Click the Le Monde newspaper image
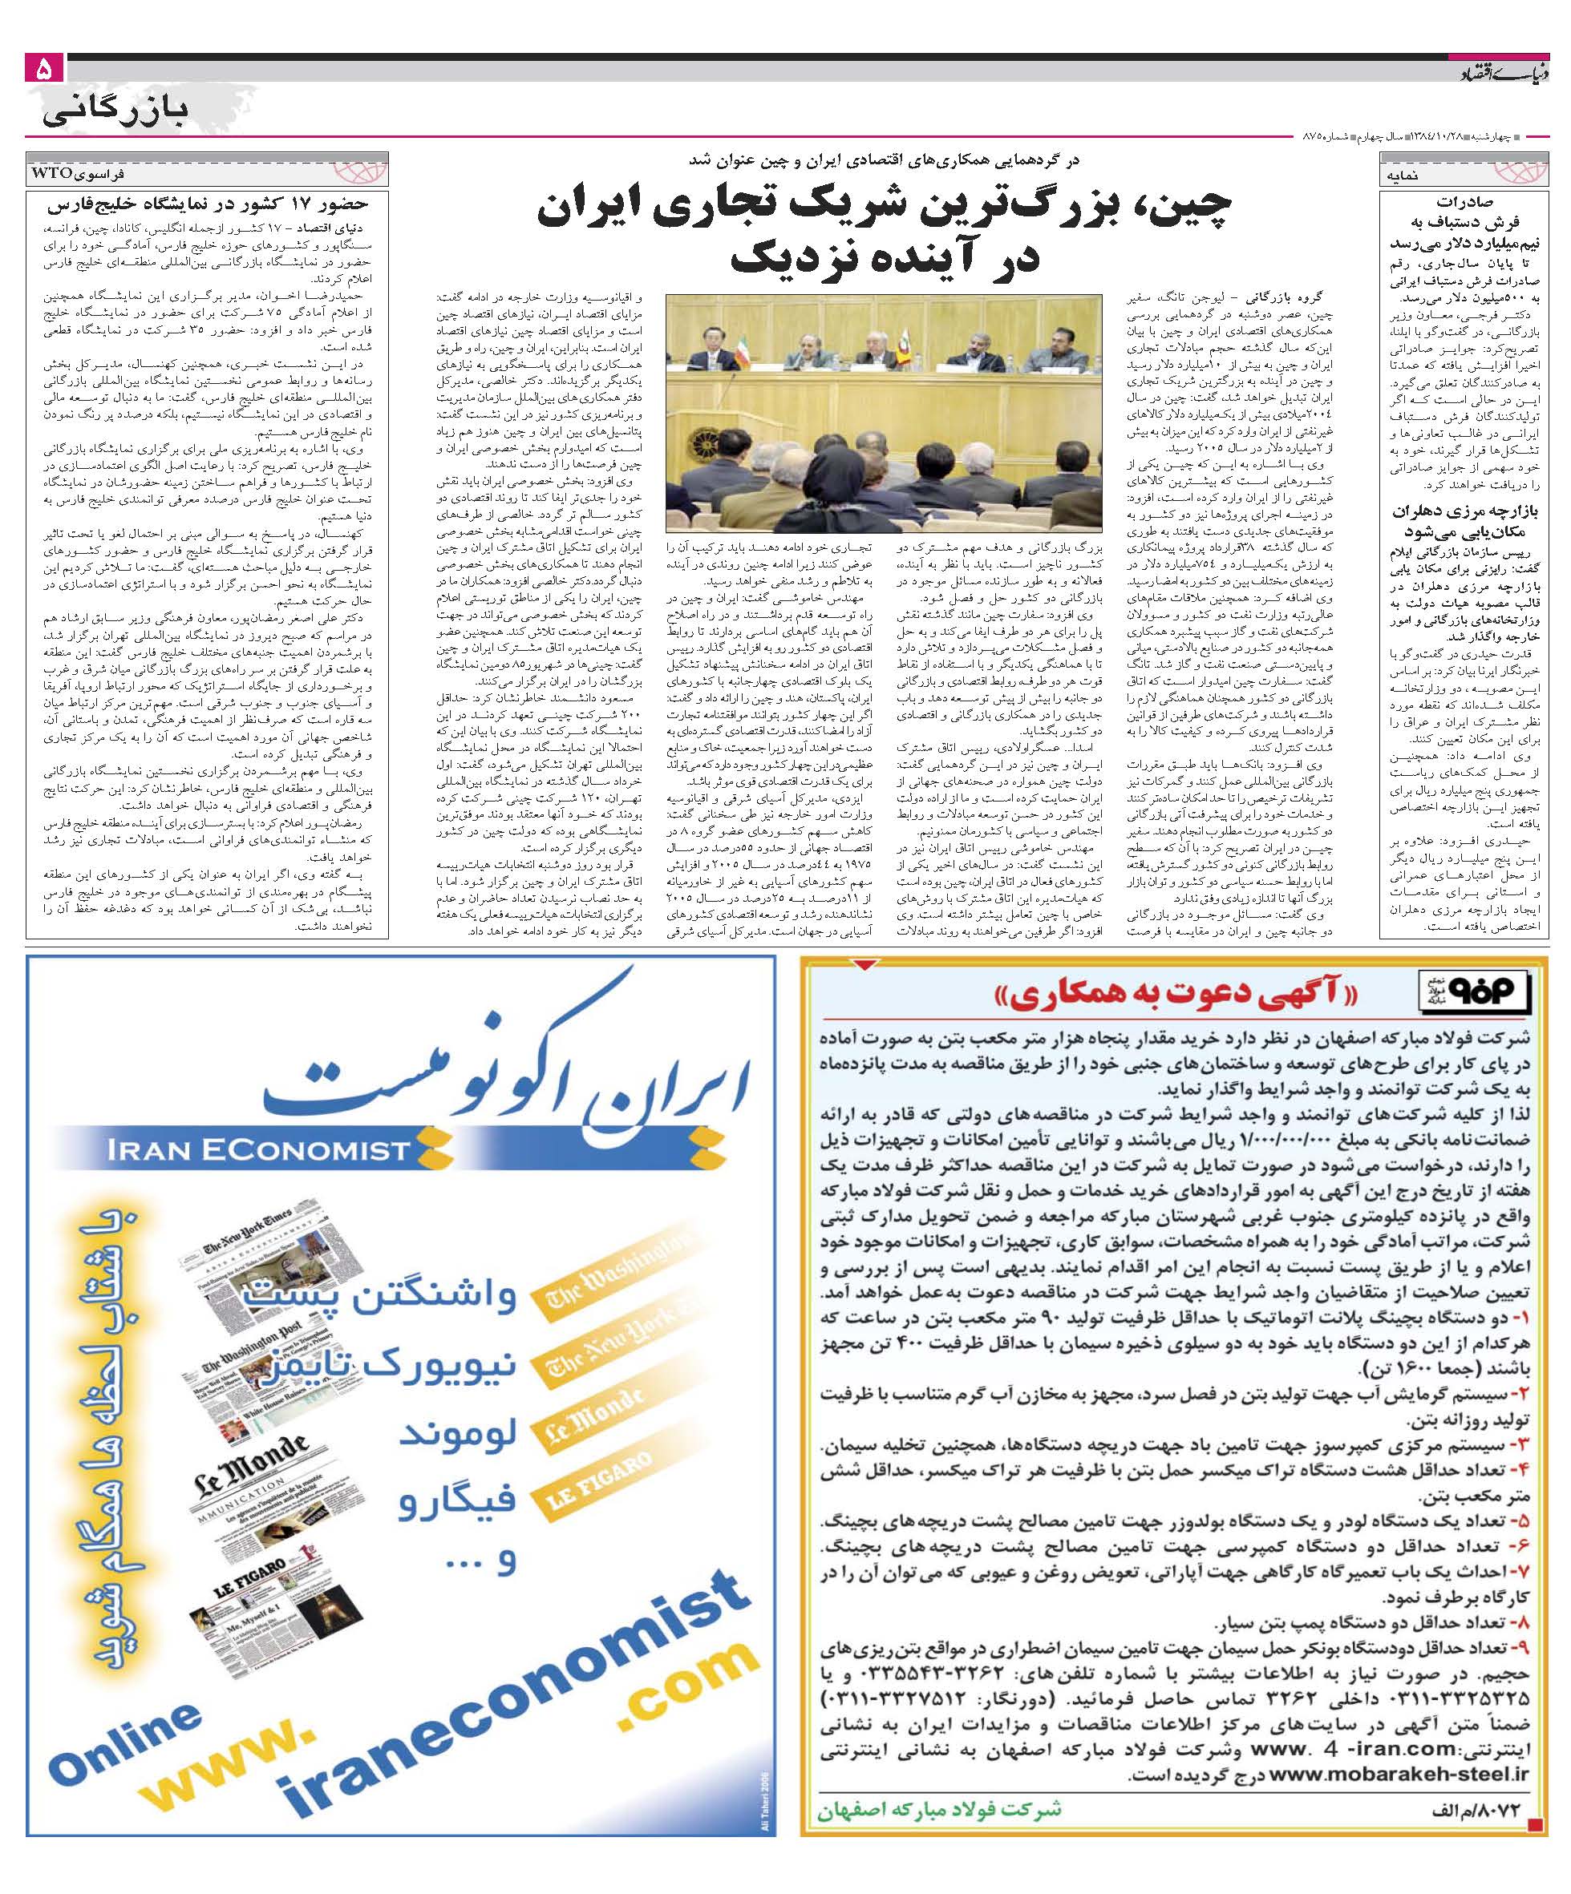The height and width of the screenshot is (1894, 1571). pyautogui.click(x=253, y=1488)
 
